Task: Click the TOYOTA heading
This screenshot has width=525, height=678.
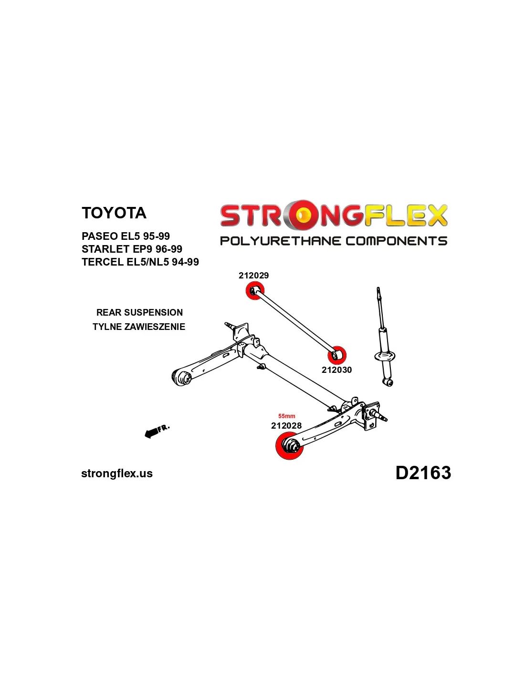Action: [x=114, y=213]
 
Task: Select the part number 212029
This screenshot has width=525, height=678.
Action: [x=253, y=275]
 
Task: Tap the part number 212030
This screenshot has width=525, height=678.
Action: [x=336, y=370]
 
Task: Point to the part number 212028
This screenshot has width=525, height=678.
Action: [x=286, y=425]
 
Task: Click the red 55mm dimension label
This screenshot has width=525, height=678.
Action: [x=287, y=416]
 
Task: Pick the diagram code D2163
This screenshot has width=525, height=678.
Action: [x=423, y=473]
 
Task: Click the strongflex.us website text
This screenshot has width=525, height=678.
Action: [x=117, y=473]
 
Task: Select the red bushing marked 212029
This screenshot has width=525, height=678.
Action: [x=254, y=290]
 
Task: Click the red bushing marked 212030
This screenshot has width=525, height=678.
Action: [x=336, y=355]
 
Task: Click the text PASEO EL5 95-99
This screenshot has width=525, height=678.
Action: [x=126, y=236]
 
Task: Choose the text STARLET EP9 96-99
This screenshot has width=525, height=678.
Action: [x=132, y=249]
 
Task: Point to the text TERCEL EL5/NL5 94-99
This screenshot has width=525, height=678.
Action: [x=140, y=262]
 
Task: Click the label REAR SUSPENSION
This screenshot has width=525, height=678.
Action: [x=139, y=312]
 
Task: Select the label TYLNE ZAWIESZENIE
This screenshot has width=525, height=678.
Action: [x=139, y=327]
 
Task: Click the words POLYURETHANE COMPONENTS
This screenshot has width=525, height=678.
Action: [x=333, y=241]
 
